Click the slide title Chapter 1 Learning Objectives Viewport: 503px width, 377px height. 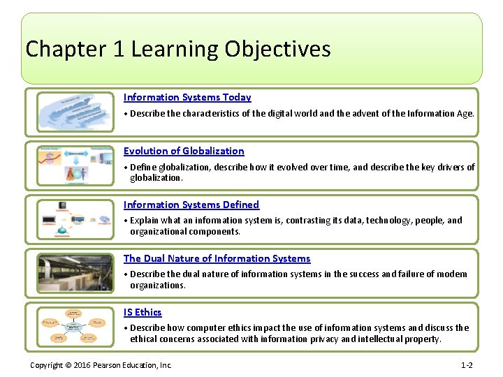click(x=178, y=50)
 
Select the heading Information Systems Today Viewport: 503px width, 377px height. click(x=187, y=98)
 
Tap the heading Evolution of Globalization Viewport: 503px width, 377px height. click(x=184, y=151)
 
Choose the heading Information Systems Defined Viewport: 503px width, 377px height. click(x=191, y=205)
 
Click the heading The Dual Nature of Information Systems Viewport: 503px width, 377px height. click(x=217, y=258)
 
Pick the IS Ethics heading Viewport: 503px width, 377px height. click(x=143, y=312)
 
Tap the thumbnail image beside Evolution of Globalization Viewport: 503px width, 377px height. click(x=74, y=165)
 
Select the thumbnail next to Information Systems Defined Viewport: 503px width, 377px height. click(x=74, y=219)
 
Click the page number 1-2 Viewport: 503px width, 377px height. click(x=467, y=365)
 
